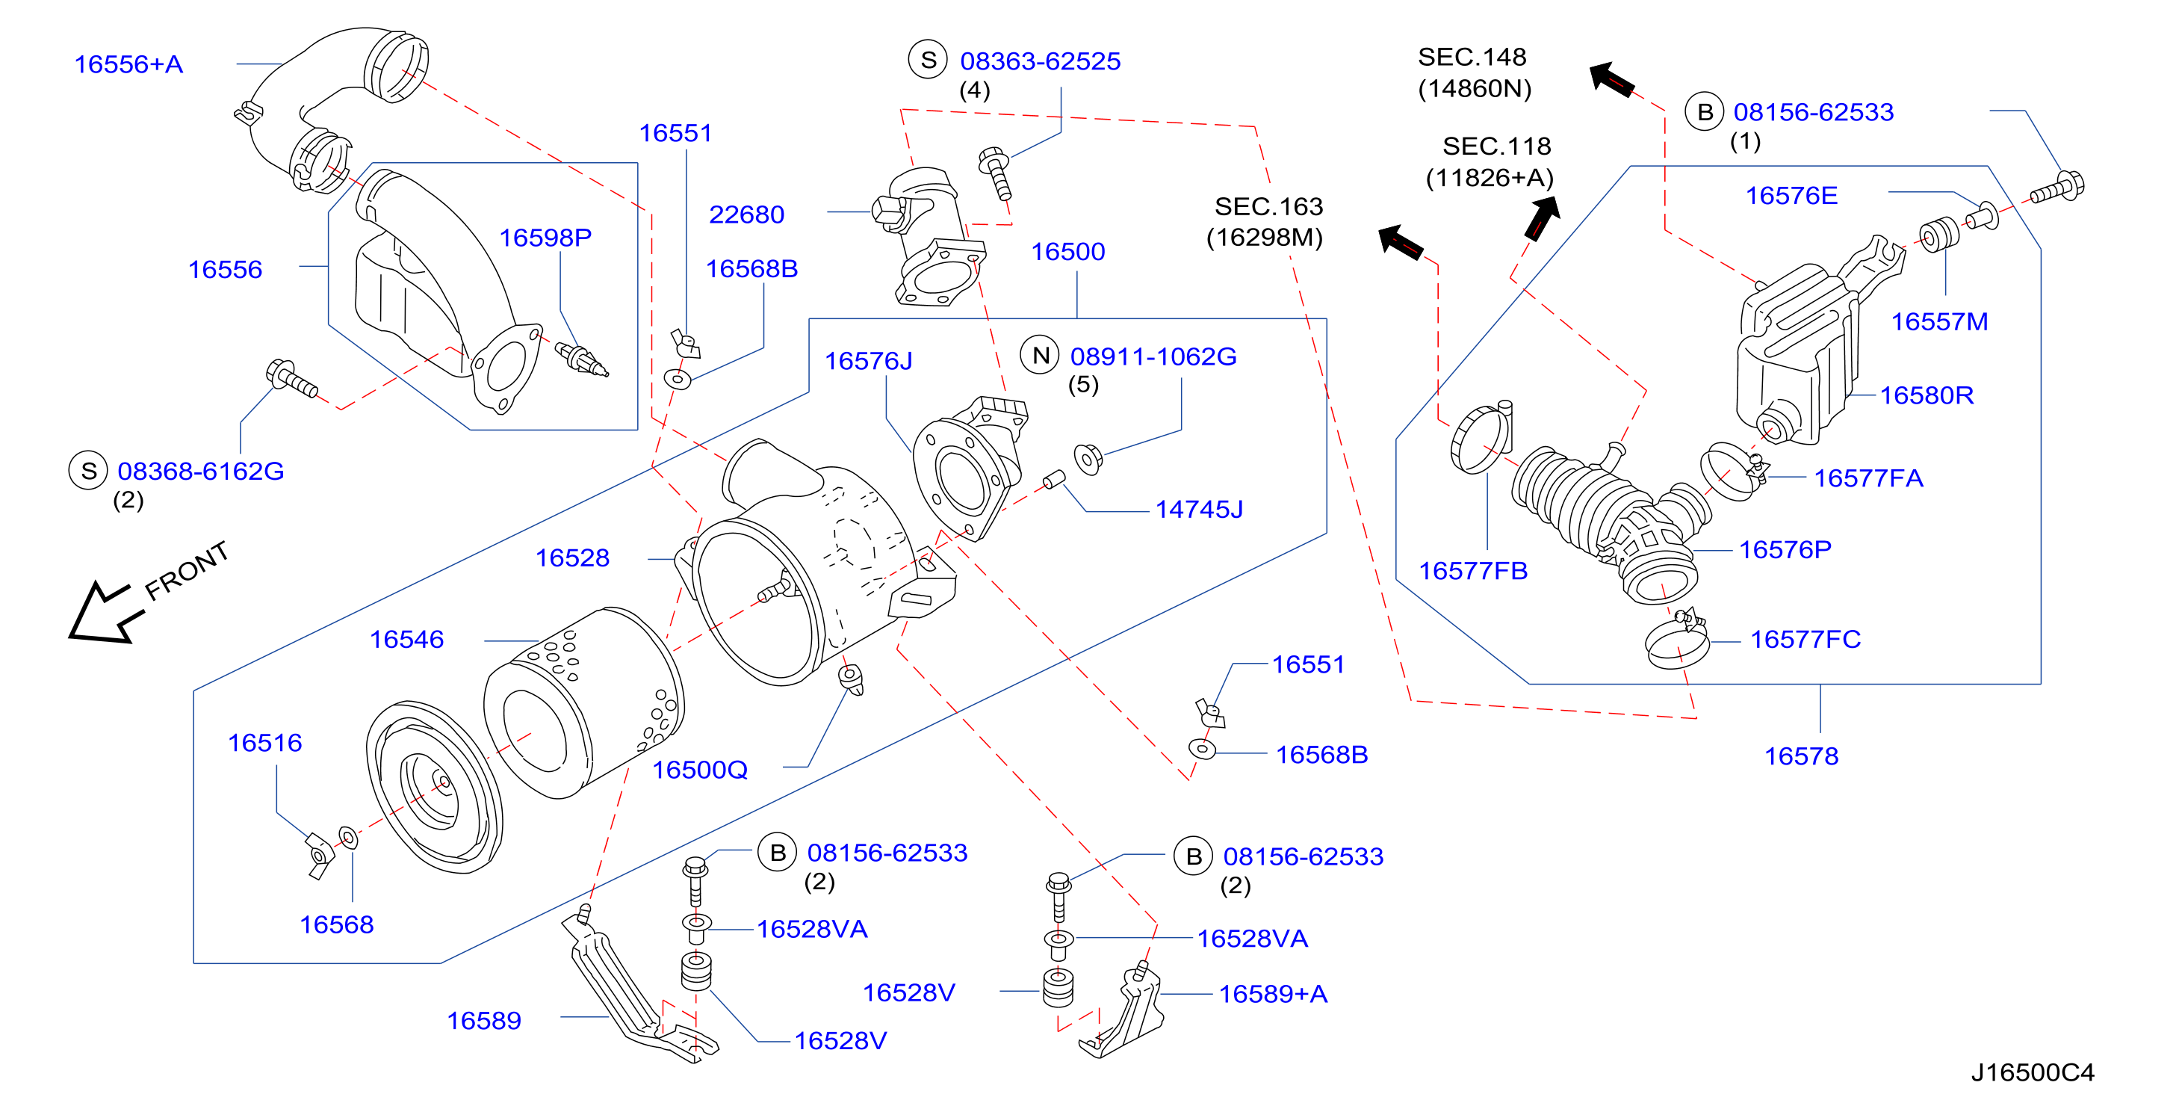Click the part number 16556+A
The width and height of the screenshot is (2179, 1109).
[x=128, y=64]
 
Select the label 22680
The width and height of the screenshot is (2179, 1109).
[x=746, y=215]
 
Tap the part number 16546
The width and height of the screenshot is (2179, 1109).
[x=406, y=640]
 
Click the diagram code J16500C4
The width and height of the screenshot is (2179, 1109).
[x=2032, y=1072]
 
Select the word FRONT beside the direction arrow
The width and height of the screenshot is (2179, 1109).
[x=186, y=570]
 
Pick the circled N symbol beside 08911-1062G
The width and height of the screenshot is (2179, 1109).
[x=1041, y=355]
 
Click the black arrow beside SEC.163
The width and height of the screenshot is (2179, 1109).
[x=1401, y=243]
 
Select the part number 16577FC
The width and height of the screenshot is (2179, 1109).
[x=1805, y=640]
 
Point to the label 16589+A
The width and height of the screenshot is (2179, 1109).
[x=1273, y=994]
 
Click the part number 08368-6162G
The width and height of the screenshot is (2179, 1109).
[x=200, y=472]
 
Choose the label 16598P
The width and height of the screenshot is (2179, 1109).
[x=545, y=238]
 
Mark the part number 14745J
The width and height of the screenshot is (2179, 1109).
[x=1200, y=509]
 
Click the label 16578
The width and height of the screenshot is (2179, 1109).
[x=1801, y=756]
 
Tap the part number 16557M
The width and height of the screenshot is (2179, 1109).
[x=1940, y=321]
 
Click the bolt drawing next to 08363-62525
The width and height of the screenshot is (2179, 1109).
[x=995, y=173]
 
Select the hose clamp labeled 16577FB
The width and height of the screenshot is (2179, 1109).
[x=1481, y=438]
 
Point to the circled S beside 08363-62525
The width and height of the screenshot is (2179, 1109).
[x=928, y=59]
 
